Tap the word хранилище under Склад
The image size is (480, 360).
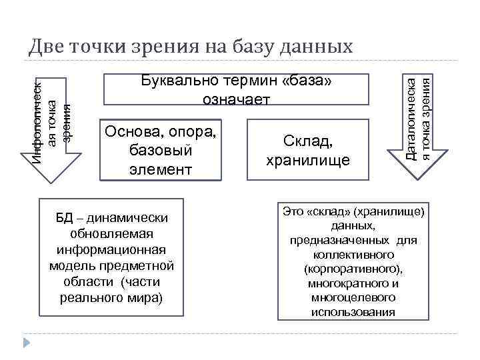308,161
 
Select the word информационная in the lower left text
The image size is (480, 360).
111,251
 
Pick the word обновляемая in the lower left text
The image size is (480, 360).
111,235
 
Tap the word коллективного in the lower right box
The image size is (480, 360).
353,255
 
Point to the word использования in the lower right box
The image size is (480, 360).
353,312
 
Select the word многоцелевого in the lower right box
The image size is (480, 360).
353,298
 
